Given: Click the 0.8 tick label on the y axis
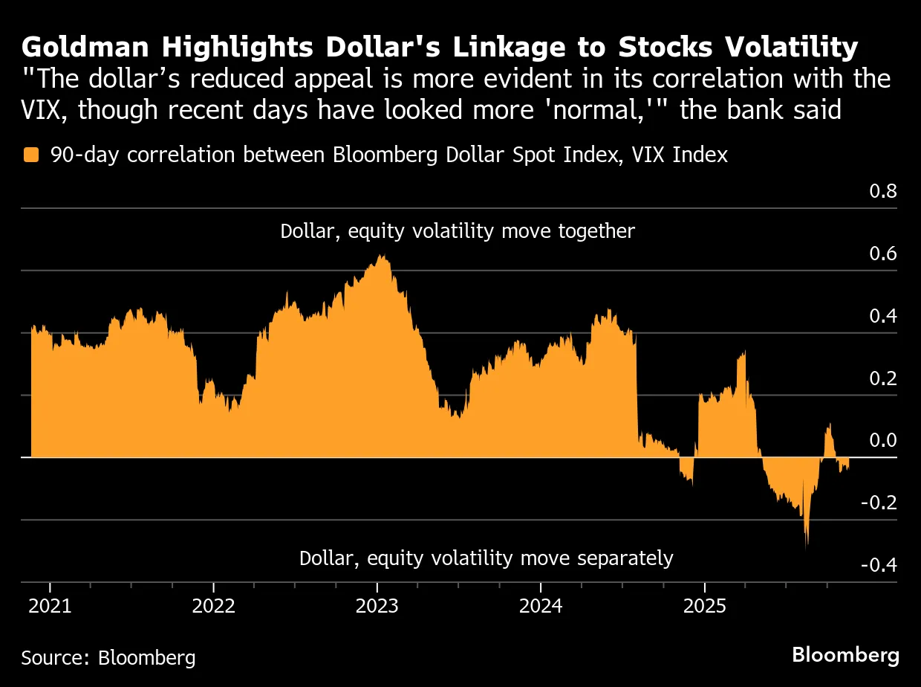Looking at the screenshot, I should [x=883, y=192].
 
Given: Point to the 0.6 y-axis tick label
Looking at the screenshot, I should [x=883, y=254].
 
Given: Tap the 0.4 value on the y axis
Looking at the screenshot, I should [x=883, y=316].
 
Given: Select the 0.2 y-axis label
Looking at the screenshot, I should [x=883, y=378].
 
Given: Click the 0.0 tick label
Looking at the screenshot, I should [x=883, y=441].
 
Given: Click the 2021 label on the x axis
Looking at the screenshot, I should [x=50, y=606].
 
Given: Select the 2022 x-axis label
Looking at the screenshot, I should [x=213, y=606].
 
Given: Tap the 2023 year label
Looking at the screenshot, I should [x=377, y=606].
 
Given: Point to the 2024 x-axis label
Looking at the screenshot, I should [x=541, y=606].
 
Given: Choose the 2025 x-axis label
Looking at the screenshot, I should [x=704, y=606].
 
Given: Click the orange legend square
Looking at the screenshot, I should [x=30, y=155].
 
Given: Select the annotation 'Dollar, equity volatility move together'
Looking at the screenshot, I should [x=458, y=231].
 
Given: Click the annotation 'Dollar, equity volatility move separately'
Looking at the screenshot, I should [x=486, y=558].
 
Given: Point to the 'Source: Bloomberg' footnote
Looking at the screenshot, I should [x=108, y=657].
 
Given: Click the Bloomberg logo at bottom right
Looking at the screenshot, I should [x=845, y=655].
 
